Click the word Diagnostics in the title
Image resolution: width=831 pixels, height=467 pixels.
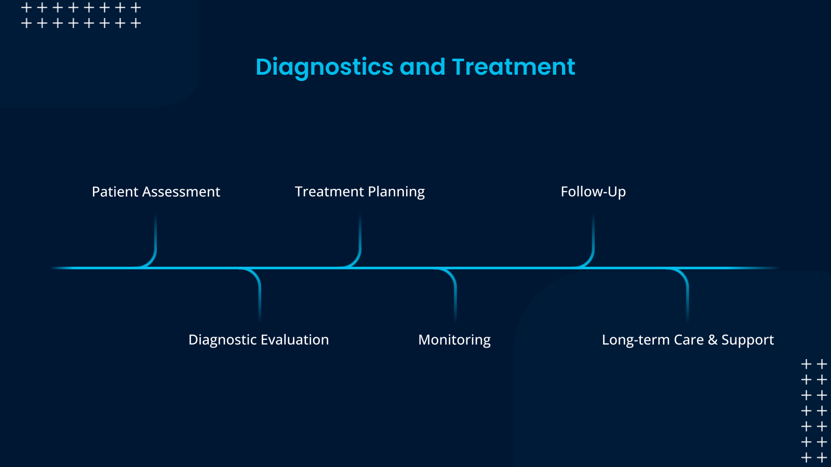tap(325, 67)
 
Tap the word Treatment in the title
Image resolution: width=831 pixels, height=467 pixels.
tap(513, 67)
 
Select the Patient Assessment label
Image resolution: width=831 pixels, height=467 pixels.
tap(156, 192)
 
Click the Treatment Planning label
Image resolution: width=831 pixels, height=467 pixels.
tap(359, 192)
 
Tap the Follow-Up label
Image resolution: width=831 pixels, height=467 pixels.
tap(593, 192)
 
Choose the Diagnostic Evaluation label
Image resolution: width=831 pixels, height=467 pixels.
tap(259, 340)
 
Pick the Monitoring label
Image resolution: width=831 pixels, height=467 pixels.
tap(454, 340)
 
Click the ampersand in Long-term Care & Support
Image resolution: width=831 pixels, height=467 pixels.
tap(712, 340)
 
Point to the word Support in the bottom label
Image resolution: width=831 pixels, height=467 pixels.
tap(747, 340)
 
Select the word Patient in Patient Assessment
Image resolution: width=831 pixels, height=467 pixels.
tap(115, 192)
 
